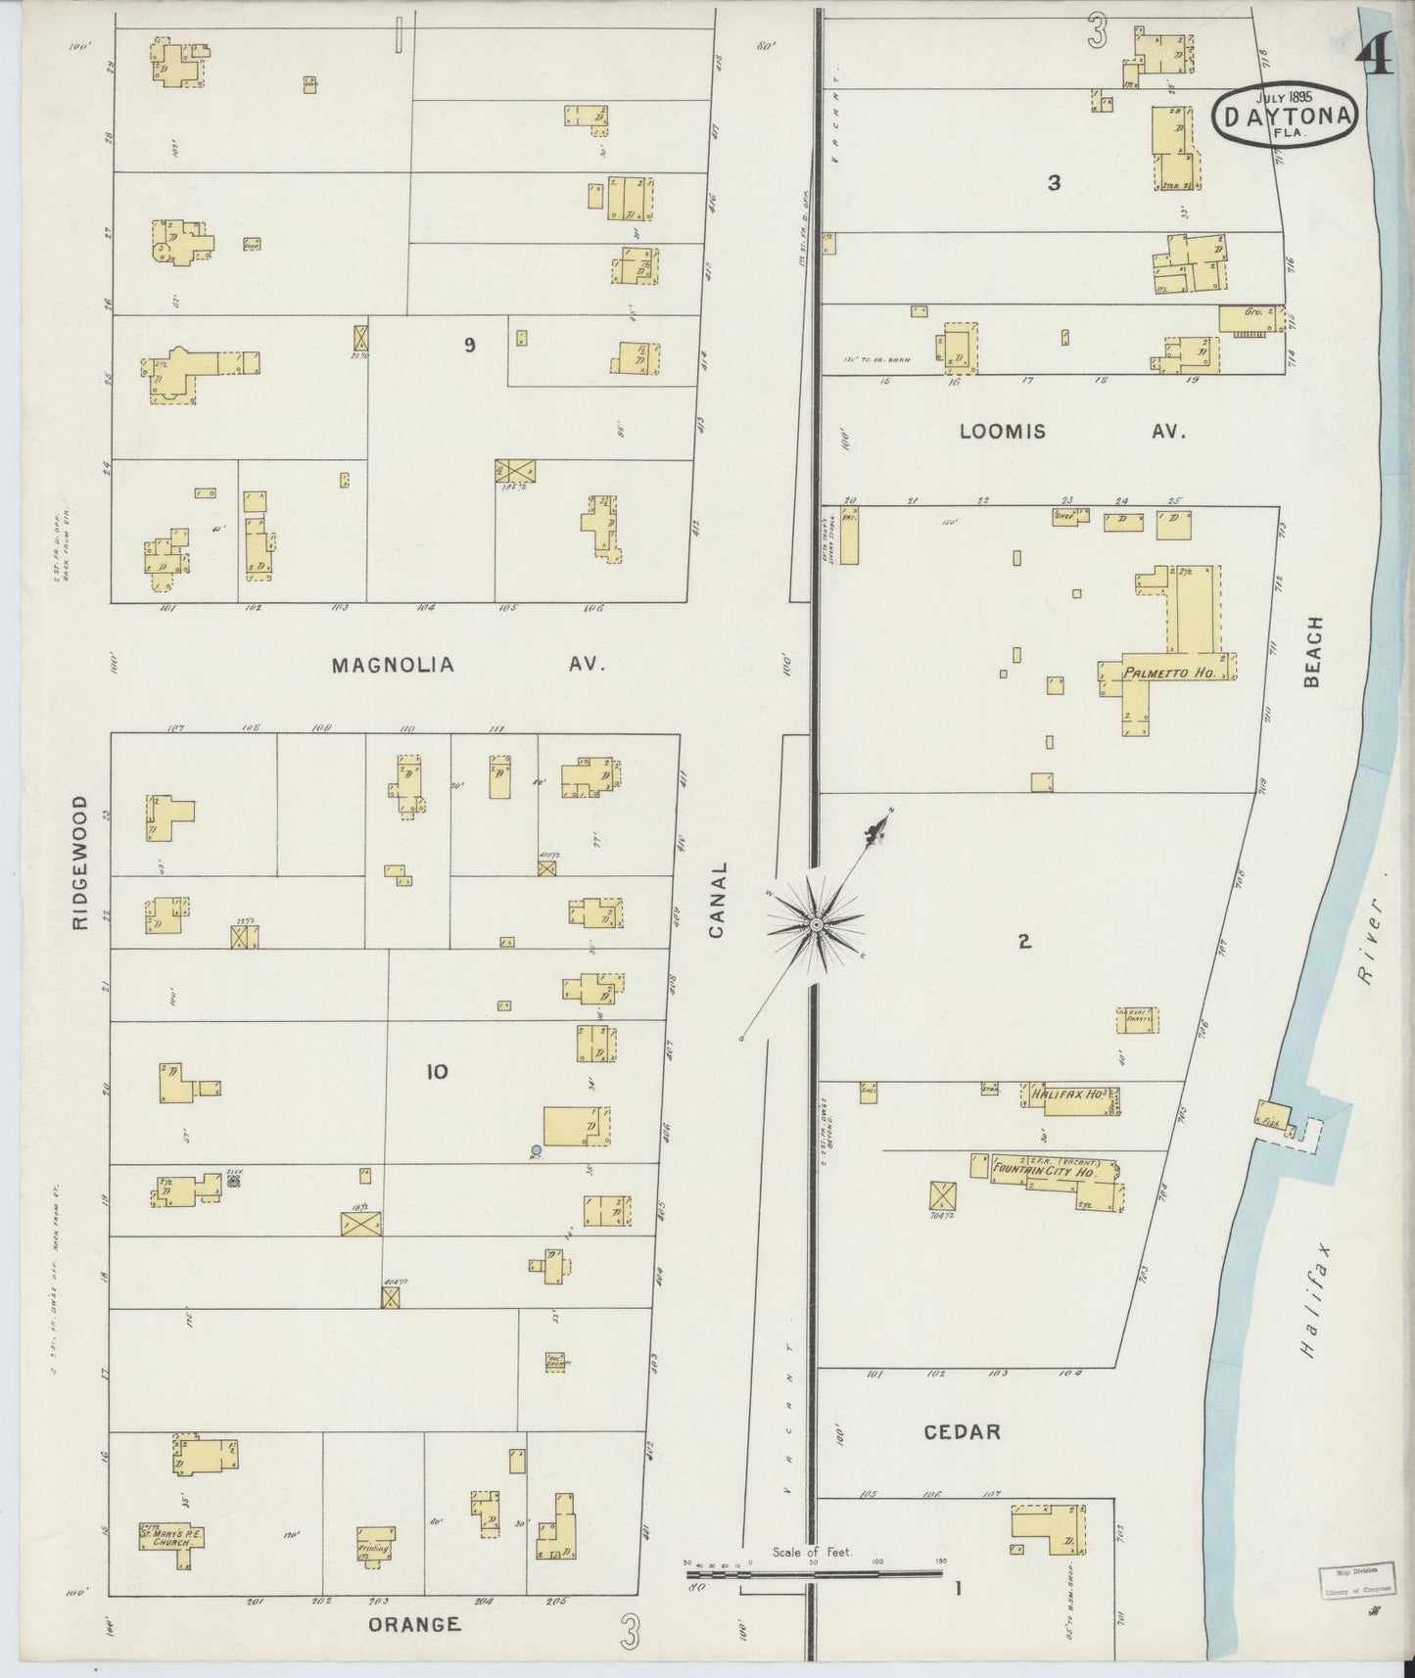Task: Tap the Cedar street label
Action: pyautogui.click(x=963, y=1432)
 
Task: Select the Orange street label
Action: pyautogui.click(x=414, y=1624)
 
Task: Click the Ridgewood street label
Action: pyautogui.click(x=79, y=862)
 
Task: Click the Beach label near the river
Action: pyautogui.click(x=1314, y=651)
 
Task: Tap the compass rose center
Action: pyautogui.click(x=815, y=923)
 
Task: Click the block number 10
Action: pyautogui.click(x=437, y=1072)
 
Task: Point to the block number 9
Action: pyautogui.click(x=470, y=345)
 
